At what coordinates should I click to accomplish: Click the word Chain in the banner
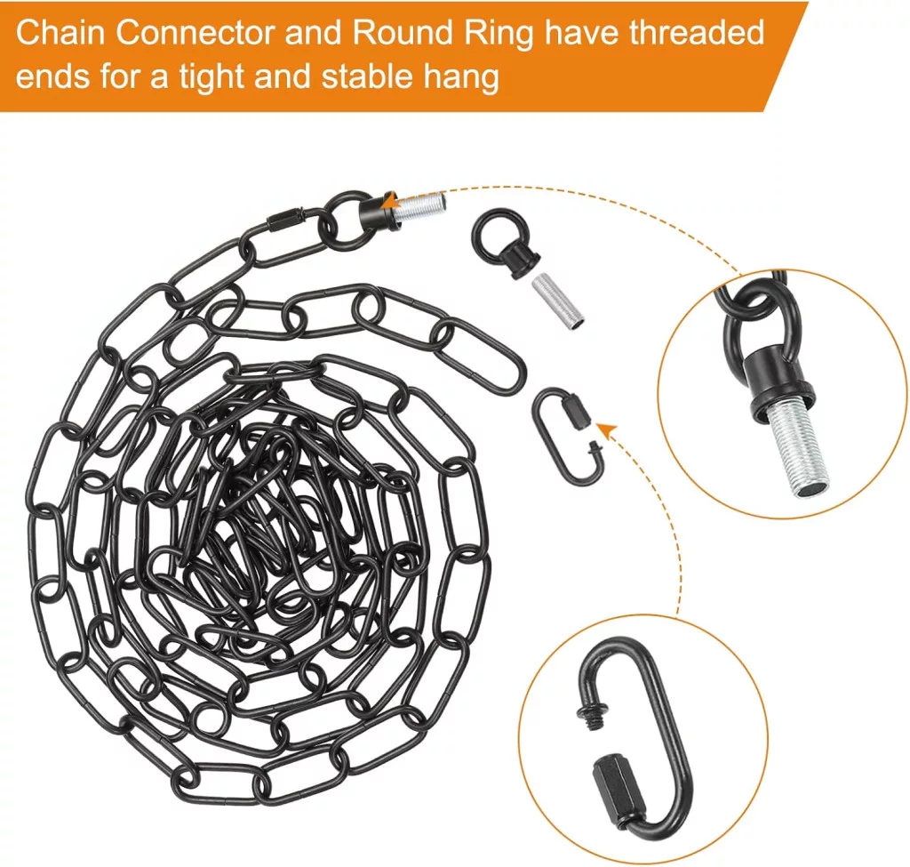[x=61, y=34]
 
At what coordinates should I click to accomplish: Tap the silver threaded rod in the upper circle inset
[x=795, y=446]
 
